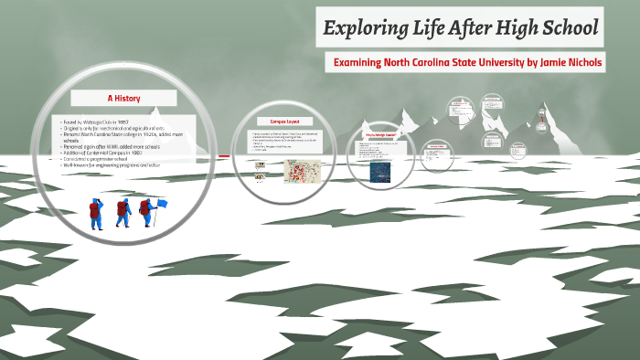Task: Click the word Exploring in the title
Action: (x=360, y=28)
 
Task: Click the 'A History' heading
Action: (x=123, y=98)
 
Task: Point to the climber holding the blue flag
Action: (x=145, y=212)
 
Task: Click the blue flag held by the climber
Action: (x=162, y=203)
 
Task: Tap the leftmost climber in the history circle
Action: (x=94, y=213)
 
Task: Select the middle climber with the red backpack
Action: (x=122, y=213)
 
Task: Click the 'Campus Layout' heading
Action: (x=284, y=121)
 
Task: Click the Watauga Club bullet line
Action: (x=99, y=122)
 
